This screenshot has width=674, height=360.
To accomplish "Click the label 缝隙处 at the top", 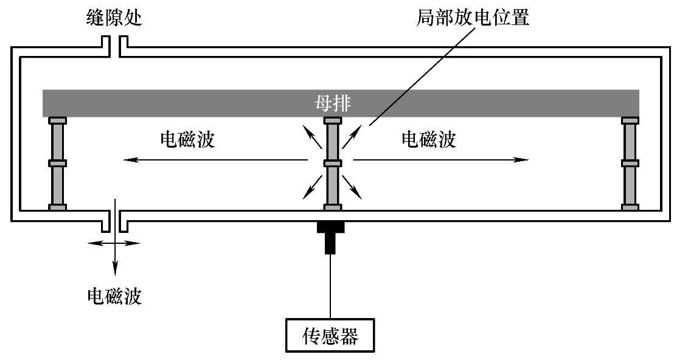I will pyautogui.click(x=114, y=18).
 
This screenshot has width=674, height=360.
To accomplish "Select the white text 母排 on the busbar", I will pyautogui.click(x=332, y=104).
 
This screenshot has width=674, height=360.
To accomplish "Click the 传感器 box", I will pyautogui.click(x=330, y=335).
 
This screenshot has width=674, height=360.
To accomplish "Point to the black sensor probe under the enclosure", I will pyautogui.click(x=330, y=237).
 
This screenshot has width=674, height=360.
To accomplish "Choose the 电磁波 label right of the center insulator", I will pyautogui.click(x=429, y=140).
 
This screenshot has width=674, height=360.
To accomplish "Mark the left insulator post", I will pyautogui.click(x=57, y=164).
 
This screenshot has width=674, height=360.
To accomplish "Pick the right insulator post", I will pyautogui.click(x=630, y=164).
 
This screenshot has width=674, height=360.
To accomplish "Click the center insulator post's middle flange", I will pyautogui.click(x=332, y=164).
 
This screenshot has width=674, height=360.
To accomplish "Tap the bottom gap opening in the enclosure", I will pyautogui.click(x=114, y=219).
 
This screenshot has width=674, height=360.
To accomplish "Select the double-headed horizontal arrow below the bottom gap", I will pyautogui.click(x=114, y=243).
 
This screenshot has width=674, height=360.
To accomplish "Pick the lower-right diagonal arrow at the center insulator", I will pyautogui.click(x=352, y=189).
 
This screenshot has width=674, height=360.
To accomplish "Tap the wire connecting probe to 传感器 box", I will pyautogui.click(x=330, y=286).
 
